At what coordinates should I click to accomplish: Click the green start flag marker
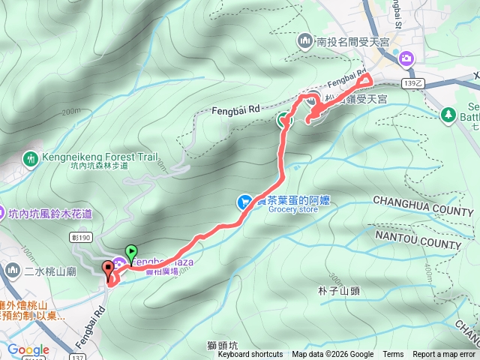131,253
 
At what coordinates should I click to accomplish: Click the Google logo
28,349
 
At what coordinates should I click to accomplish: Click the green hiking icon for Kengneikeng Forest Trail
31,159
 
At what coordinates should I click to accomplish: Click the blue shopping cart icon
244,202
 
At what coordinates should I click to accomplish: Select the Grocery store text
293,209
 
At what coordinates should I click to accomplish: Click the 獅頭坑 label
223,346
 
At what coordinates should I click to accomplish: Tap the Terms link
393,355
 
